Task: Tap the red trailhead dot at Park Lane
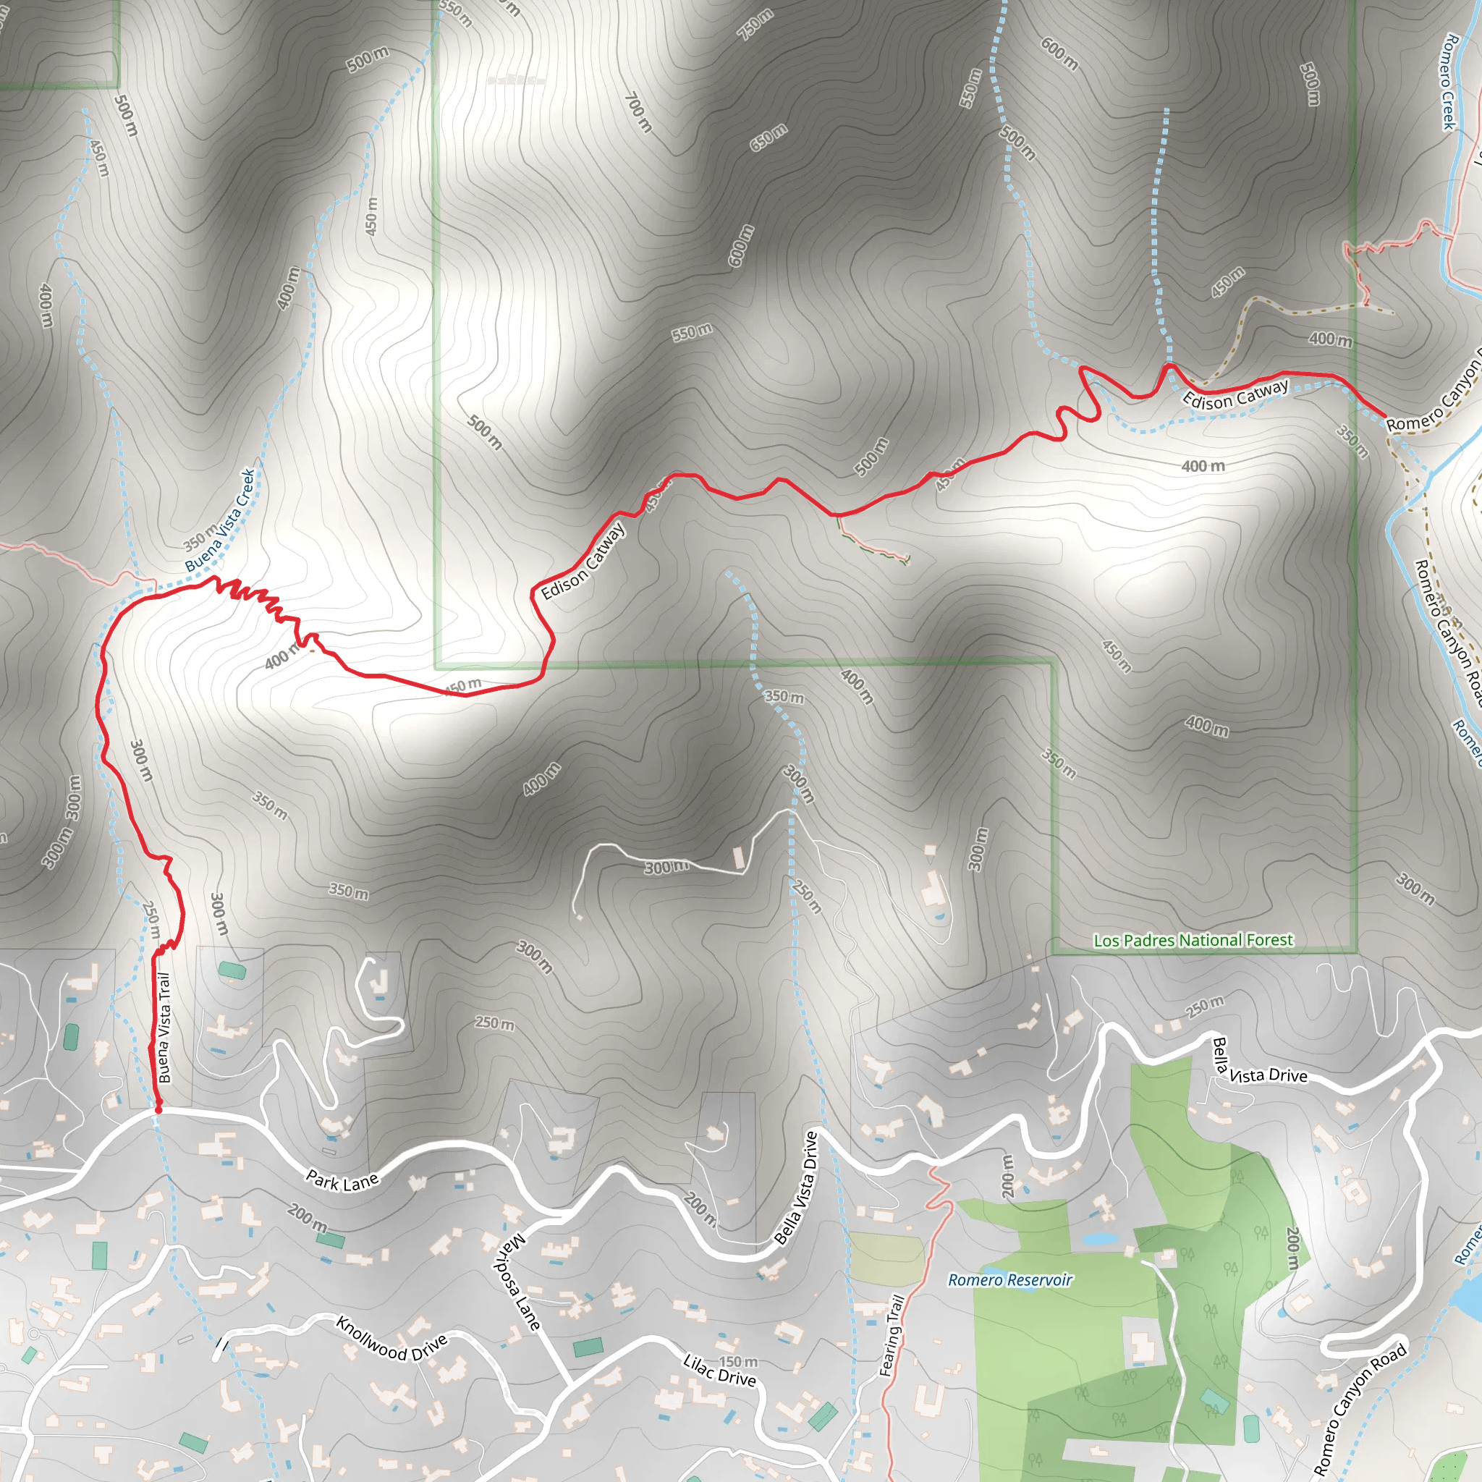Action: [158, 1110]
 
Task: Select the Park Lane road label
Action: [342, 1181]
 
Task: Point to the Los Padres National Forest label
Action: [1193, 941]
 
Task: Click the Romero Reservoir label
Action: [1009, 1279]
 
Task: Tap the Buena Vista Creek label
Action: [220, 520]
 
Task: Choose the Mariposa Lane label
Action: [515, 1281]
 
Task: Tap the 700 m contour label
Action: [638, 112]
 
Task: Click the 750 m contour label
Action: [755, 25]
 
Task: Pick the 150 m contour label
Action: [738, 1362]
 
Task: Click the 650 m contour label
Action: [768, 137]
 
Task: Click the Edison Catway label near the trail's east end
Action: [1235, 394]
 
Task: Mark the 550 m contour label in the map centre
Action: [692, 332]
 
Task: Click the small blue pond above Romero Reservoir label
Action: [1098, 1238]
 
